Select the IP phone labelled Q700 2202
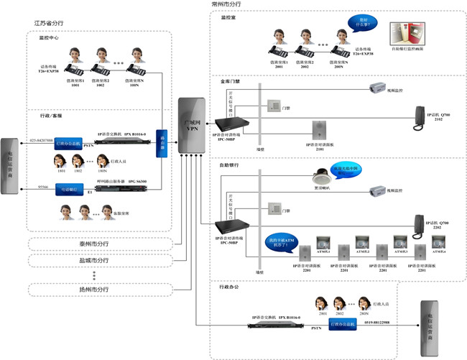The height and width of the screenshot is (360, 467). pos(423,222)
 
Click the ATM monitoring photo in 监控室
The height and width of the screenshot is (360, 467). pos(406,35)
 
